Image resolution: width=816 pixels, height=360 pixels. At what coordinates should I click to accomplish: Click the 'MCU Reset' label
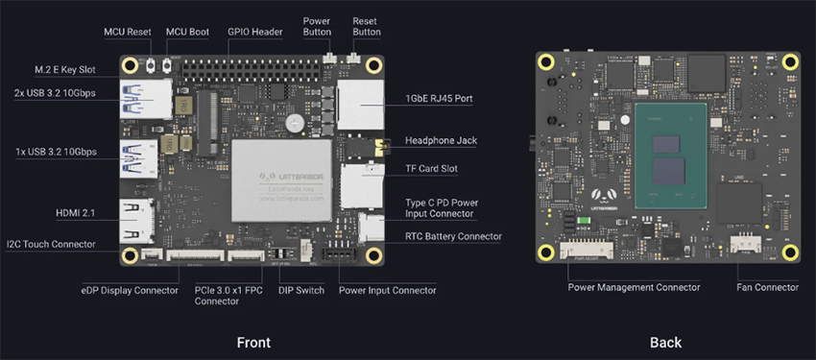click(128, 32)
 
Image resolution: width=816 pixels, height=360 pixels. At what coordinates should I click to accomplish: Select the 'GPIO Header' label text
click(254, 32)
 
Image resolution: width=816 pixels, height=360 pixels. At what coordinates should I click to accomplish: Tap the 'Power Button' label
click(317, 26)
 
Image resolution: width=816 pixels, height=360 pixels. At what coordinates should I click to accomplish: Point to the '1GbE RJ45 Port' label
click(440, 98)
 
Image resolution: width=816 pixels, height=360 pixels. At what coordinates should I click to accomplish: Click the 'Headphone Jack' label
click(441, 140)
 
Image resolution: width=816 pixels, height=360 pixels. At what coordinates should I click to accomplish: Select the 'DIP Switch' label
click(300, 290)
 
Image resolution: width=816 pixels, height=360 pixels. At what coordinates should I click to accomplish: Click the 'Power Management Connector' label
click(634, 287)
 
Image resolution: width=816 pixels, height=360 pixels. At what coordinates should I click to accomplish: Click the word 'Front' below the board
click(253, 343)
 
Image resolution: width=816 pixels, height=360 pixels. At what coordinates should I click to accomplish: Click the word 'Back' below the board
click(665, 343)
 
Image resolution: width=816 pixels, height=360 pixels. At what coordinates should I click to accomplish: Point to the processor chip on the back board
click(671, 158)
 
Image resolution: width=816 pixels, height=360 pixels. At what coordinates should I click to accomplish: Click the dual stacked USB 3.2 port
click(140, 101)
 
